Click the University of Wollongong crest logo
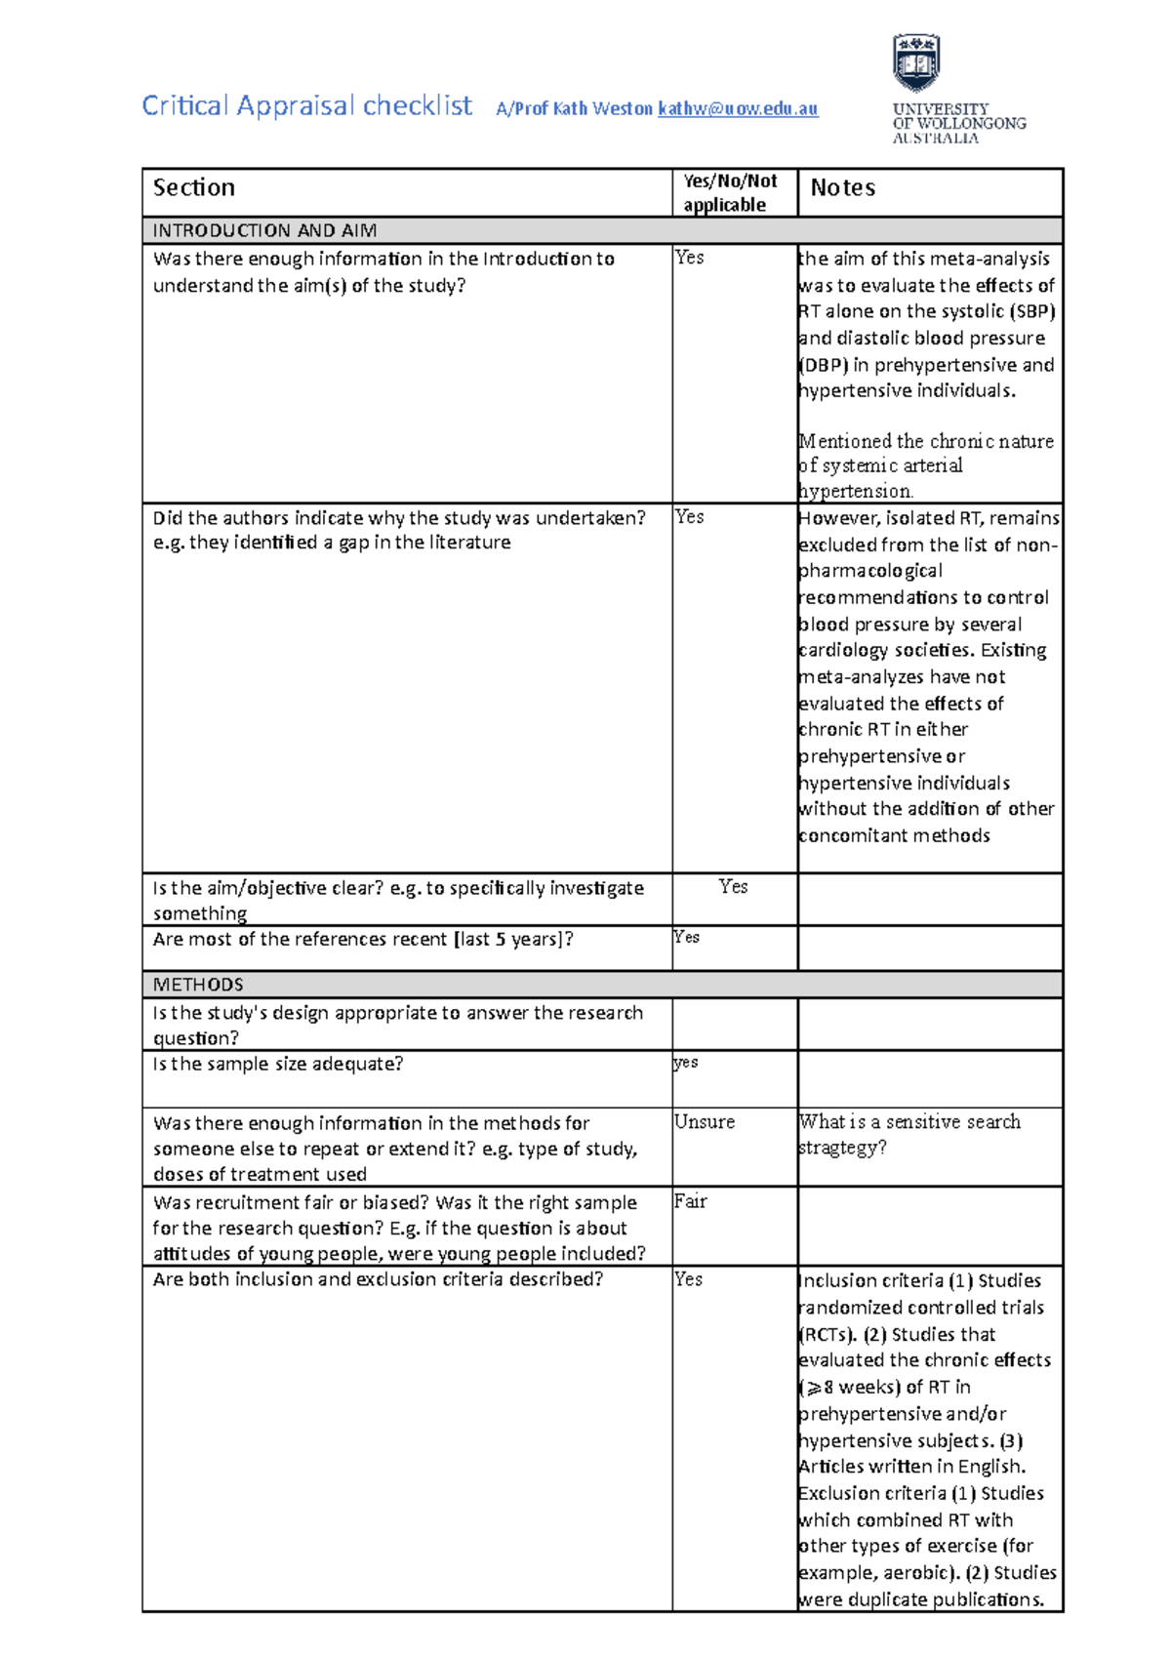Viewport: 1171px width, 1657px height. click(x=915, y=63)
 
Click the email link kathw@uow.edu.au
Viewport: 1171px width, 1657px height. click(x=738, y=109)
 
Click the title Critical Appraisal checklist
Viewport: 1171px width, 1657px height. click(x=306, y=105)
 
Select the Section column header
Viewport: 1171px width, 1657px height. click(x=194, y=187)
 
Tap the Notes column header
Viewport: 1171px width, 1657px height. click(x=842, y=187)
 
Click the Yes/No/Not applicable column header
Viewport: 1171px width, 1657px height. click(x=730, y=192)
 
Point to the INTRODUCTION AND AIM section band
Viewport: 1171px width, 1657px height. click(x=264, y=231)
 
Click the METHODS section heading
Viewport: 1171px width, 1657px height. click(x=198, y=985)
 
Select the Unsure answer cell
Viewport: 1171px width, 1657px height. click(x=705, y=1122)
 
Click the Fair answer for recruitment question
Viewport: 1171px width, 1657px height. click(x=690, y=1201)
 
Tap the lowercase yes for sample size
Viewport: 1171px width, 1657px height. click(x=686, y=1062)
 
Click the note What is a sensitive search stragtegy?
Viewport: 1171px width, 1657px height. click(x=909, y=1134)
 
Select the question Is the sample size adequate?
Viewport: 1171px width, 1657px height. click(x=278, y=1064)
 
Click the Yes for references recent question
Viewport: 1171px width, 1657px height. click(x=687, y=937)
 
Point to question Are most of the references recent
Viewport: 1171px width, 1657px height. click(x=363, y=939)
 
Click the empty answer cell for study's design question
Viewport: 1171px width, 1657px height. click(x=734, y=1024)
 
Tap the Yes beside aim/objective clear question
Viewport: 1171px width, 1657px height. click(x=734, y=886)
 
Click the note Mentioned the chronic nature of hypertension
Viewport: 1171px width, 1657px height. click(x=925, y=465)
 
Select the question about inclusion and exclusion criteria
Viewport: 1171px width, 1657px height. click(x=378, y=1279)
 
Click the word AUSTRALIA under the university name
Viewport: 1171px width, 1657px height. click(x=935, y=139)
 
